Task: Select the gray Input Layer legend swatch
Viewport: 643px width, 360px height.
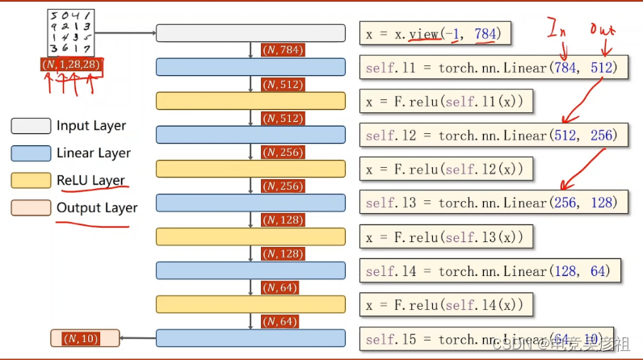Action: [x=30, y=126]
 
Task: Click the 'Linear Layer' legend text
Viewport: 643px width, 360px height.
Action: [x=93, y=153]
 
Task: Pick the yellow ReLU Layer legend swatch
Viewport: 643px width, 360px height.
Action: [x=30, y=180]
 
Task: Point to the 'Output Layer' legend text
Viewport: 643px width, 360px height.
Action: [x=96, y=207]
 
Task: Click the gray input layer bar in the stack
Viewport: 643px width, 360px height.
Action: [x=250, y=33]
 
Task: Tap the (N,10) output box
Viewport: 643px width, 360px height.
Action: [x=84, y=338]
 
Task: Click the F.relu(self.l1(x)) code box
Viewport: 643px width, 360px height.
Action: [x=447, y=101]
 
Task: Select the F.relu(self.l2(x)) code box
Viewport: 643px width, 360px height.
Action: [x=447, y=169]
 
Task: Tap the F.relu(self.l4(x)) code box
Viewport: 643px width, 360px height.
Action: [x=447, y=304]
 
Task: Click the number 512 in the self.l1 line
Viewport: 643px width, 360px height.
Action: [x=602, y=68]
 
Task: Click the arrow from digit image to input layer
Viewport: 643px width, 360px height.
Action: [x=126, y=33]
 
